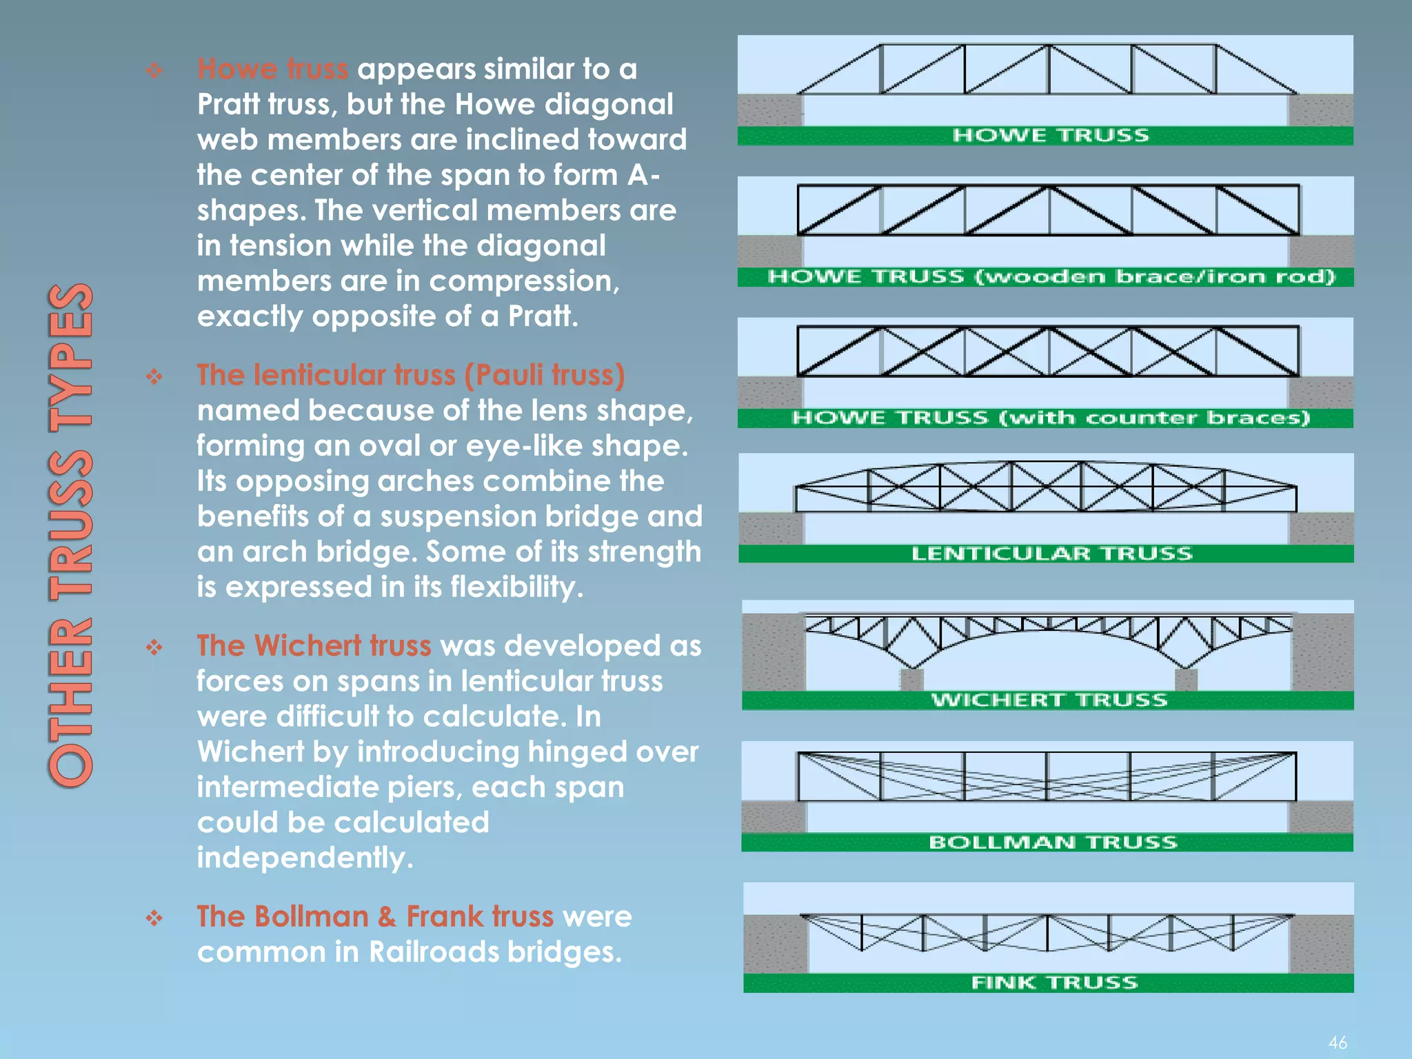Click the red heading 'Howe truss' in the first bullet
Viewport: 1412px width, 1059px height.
point(272,70)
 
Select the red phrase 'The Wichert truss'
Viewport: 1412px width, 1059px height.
point(314,646)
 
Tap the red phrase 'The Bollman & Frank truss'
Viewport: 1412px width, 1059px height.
point(375,917)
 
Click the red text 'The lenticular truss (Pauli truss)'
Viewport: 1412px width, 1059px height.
point(411,376)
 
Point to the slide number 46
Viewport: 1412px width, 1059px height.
point(1338,1042)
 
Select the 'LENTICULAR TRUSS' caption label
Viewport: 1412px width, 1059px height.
point(1051,554)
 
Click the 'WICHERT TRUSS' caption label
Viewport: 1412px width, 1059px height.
point(1049,700)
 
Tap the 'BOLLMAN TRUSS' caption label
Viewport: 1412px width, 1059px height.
point(1053,843)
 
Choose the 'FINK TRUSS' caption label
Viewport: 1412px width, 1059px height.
point(1054,983)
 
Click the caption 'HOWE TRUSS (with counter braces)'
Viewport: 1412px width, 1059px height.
point(1050,418)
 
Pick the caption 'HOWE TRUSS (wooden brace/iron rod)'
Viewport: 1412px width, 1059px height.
point(1051,276)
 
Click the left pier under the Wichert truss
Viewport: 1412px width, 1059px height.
point(912,680)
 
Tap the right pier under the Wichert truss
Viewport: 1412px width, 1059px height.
point(1186,680)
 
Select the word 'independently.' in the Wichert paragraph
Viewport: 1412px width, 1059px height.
point(305,858)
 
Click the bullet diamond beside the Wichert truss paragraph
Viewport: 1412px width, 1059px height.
point(154,647)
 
